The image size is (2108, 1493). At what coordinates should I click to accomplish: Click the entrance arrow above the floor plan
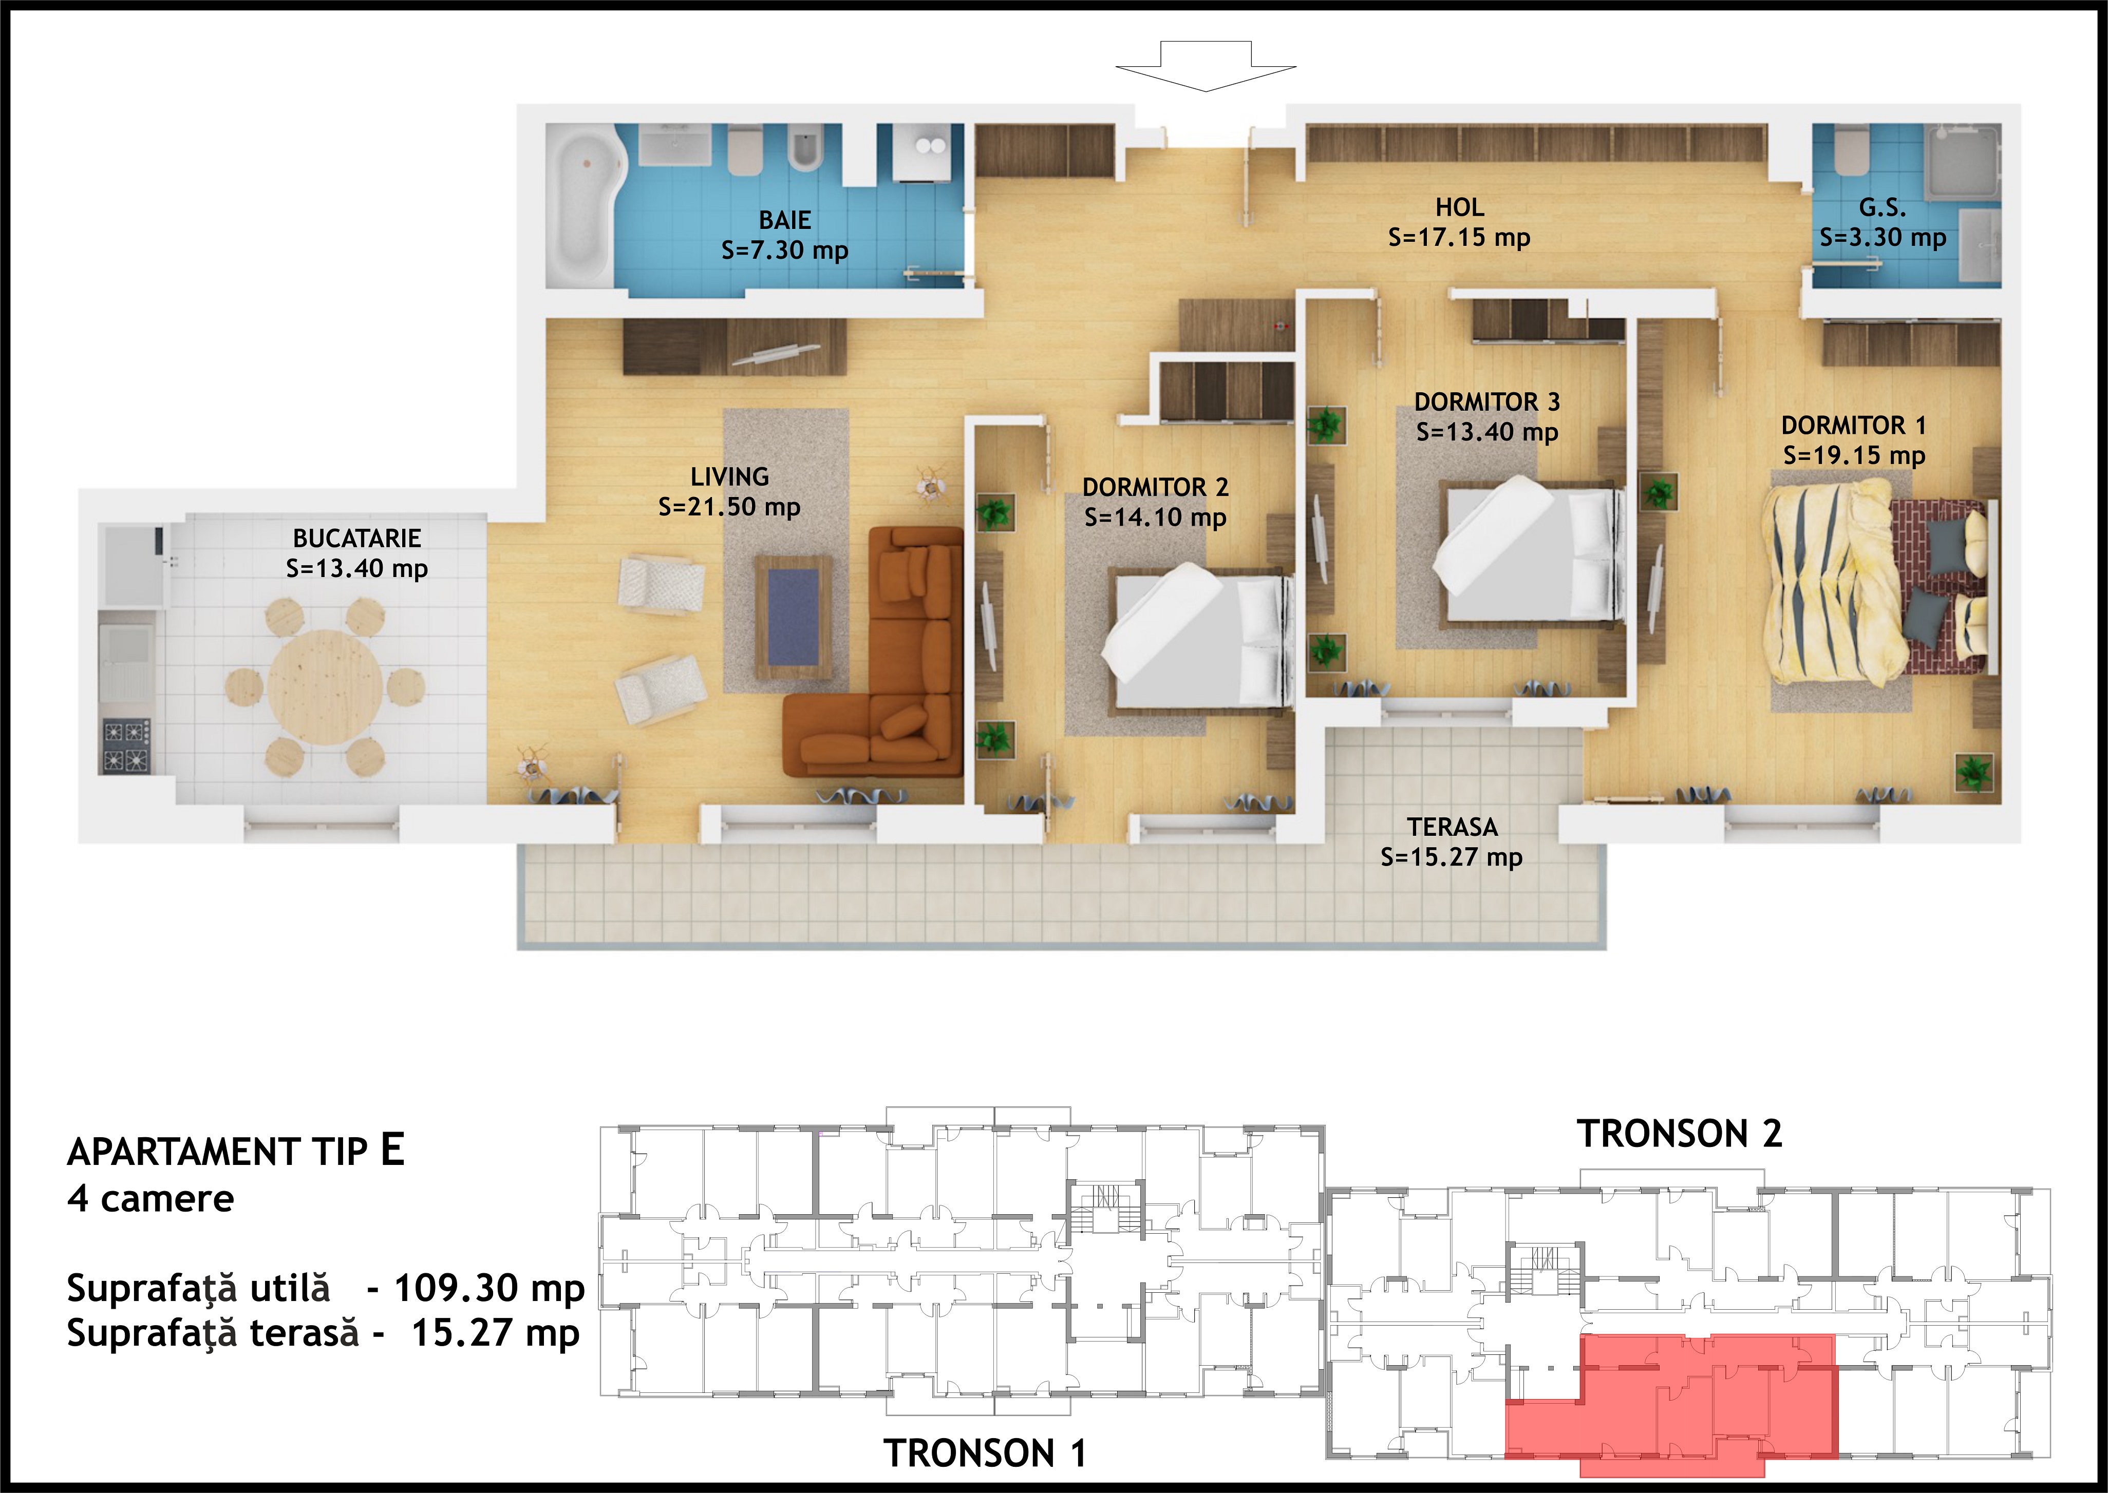click(1205, 66)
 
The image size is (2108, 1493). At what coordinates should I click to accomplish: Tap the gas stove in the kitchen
click(126, 745)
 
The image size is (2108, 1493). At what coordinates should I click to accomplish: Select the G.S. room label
click(1882, 208)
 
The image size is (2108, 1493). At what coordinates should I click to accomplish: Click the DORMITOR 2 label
click(1155, 487)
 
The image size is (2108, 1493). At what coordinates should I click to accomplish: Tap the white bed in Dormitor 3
click(1527, 551)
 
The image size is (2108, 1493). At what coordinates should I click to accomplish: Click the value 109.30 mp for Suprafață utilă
click(490, 1289)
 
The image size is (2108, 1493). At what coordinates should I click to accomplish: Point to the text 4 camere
click(151, 1199)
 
